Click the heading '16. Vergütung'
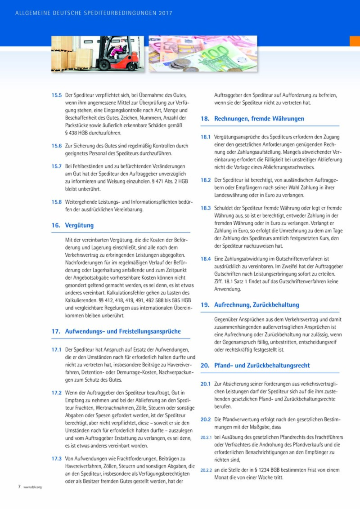(x=72, y=225)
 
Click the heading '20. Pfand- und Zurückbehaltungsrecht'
(x=255, y=366)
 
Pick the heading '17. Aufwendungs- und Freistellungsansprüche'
(x=116, y=331)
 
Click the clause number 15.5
(x=56, y=95)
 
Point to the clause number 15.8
(x=56, y=201)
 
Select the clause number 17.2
(x=56, y=393)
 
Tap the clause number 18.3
(x=206, y=208)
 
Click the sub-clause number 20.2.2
(x=206, y=470)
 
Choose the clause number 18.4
(x=206, y=259)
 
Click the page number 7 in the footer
(x=19, y=487)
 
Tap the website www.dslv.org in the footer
(x=32, y=487)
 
